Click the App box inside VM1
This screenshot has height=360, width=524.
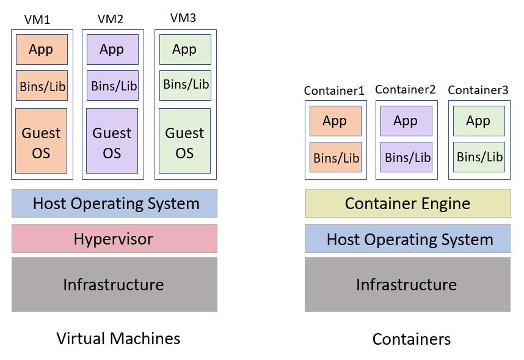click(41, 50)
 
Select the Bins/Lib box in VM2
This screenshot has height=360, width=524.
click(112, 86)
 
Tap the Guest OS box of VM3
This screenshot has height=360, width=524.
click(184, 142)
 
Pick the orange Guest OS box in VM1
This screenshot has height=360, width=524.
click(41, 142)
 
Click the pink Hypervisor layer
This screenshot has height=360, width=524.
click(114, 238)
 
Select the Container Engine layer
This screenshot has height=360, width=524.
click(407, 203)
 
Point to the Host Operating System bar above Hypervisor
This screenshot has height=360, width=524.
click(114, 203)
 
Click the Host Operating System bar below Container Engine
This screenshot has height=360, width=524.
click(407, 238)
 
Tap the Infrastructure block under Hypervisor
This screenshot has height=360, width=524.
click(114, 284)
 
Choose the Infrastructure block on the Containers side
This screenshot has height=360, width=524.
click(407, 284)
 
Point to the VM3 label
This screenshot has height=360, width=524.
click(183, 18)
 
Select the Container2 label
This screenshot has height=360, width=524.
click(405, 90)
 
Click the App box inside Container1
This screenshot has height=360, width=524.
click(335, 121)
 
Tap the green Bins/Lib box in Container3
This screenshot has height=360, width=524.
click(479, 157)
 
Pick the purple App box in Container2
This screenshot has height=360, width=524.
click(406, 121)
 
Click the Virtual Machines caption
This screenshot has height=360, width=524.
click(118, 338)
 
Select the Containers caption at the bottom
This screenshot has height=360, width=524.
click(411, 339)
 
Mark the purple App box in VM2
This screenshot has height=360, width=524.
click(112, 50)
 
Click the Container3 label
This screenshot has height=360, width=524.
click(478, 90)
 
